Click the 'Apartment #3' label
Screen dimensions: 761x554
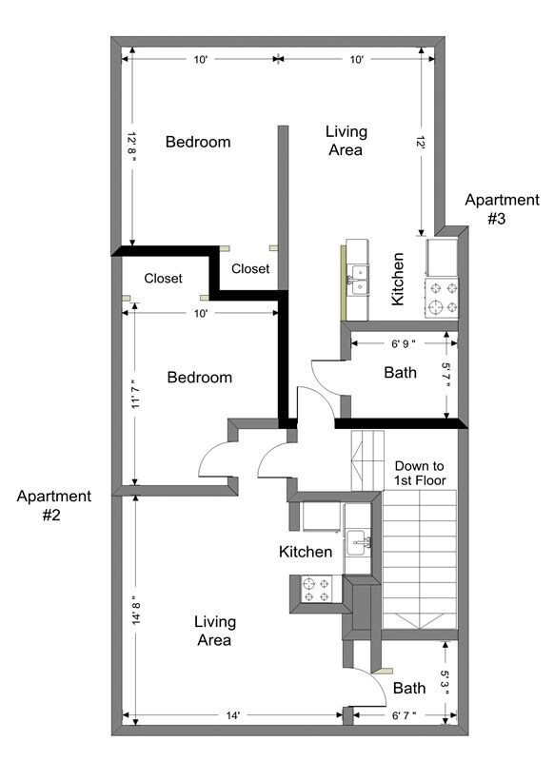501,209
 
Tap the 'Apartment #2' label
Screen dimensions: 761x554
53,505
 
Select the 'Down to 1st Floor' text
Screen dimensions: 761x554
420,474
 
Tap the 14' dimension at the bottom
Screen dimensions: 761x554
231,715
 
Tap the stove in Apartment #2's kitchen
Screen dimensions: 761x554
315,590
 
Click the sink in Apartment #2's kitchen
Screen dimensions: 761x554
359,544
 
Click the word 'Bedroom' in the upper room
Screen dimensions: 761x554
198,142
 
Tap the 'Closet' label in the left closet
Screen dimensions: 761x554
163,279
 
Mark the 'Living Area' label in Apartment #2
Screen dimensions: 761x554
214,631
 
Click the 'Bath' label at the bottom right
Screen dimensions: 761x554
409,688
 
